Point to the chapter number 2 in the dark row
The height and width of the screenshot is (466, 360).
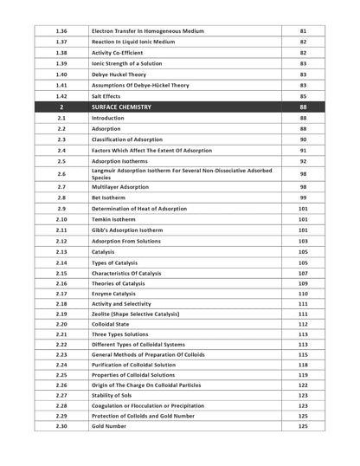click(x=61, y=106)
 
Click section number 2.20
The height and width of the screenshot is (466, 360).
click(x=61, y=325)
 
